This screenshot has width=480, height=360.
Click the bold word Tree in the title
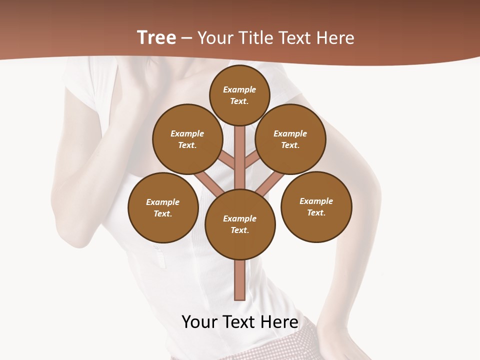point(156,37)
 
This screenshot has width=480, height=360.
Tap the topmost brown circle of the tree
point(239,95)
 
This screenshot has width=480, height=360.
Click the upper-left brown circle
point(187,139)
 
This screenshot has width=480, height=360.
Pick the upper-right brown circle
point(290,139)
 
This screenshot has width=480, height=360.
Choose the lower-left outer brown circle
point(163,207)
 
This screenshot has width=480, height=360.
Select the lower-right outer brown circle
point(316,206)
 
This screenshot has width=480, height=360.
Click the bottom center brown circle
point(240,224)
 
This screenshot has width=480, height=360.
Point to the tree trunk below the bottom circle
point(240,280)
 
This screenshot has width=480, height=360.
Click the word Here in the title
point(335,38)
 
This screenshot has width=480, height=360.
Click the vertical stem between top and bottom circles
point(240,155)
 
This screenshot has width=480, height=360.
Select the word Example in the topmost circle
point(239,90)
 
